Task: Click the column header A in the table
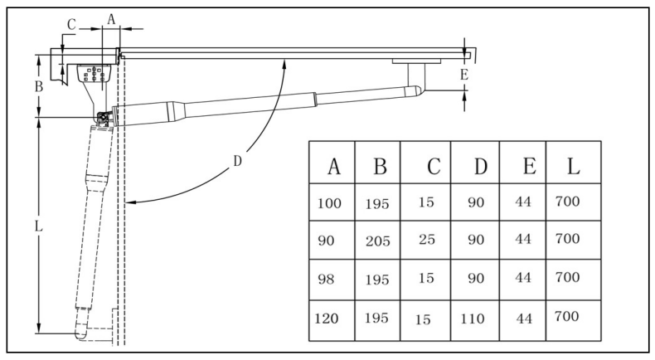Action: (334, 167)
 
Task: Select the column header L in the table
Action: (573, 166)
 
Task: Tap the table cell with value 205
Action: (377, 241)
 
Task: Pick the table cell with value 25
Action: (427, 240)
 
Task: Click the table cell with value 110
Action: (473, 319)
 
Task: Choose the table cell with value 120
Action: (326, 319)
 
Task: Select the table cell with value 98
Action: (326, 279)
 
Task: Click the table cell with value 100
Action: (329, 203)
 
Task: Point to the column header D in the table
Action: (480, 167)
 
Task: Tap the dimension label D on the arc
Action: (237, 161)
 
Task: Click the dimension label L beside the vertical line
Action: (38, 226)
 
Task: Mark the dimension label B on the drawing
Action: (39, 86)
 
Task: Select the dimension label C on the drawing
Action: (71, 25)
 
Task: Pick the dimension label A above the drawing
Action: (111, 19)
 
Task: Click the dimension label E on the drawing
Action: (464, 75)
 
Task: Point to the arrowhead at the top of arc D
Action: (285, 65)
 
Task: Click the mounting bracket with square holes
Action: (94, 74)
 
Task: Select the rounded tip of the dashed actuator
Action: (81, 331)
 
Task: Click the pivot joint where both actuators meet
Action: (102, 118)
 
